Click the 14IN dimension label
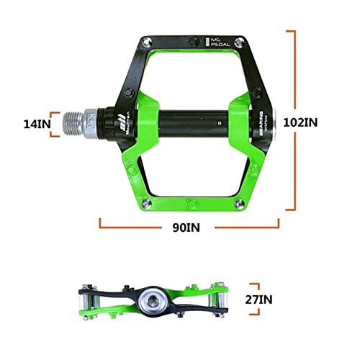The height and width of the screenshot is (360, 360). pyautogui.click(x=35, y=123)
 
